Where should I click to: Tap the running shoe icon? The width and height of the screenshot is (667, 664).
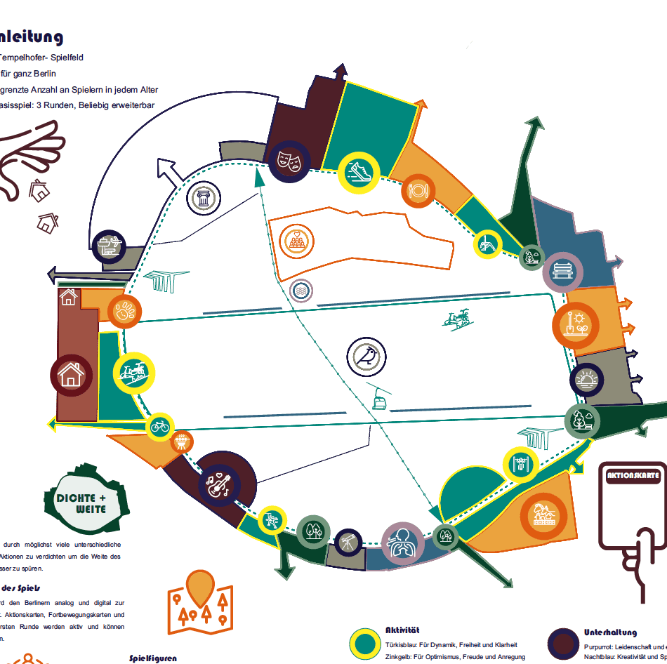[358, 172]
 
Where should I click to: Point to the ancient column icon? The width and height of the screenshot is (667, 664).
[204, 198]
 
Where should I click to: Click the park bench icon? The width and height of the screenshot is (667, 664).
[562, 270]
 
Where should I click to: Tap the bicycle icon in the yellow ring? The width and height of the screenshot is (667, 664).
[161, 425]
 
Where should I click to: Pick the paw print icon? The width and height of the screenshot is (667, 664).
[124, 312]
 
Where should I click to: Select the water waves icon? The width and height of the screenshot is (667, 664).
[301, 290]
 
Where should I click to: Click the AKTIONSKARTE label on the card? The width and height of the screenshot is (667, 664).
[633, 475]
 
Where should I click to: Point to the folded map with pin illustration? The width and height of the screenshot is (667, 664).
[200, 601]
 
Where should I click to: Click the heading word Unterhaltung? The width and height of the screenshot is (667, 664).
[610, 632]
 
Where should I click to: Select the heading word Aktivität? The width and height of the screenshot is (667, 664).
[402, 630]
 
